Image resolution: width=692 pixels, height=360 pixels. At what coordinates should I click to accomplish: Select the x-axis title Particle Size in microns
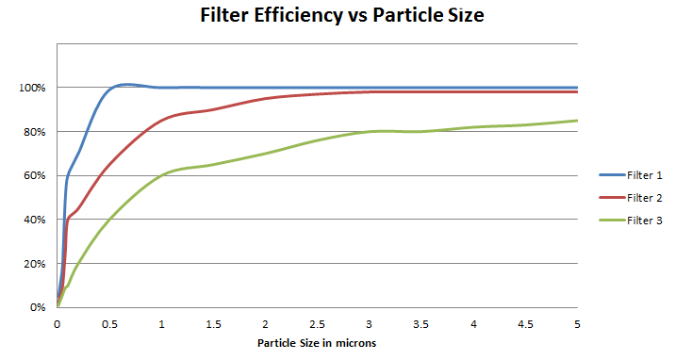pos(317,343)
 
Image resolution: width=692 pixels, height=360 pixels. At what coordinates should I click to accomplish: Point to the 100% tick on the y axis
pos(34,88)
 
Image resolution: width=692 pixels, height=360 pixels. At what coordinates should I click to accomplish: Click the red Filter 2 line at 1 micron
pos(161,120)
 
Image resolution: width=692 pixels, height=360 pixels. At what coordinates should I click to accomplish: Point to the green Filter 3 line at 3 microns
pos(370,131)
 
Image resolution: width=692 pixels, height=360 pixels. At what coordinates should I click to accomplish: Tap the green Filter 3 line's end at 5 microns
pos(577,120)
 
